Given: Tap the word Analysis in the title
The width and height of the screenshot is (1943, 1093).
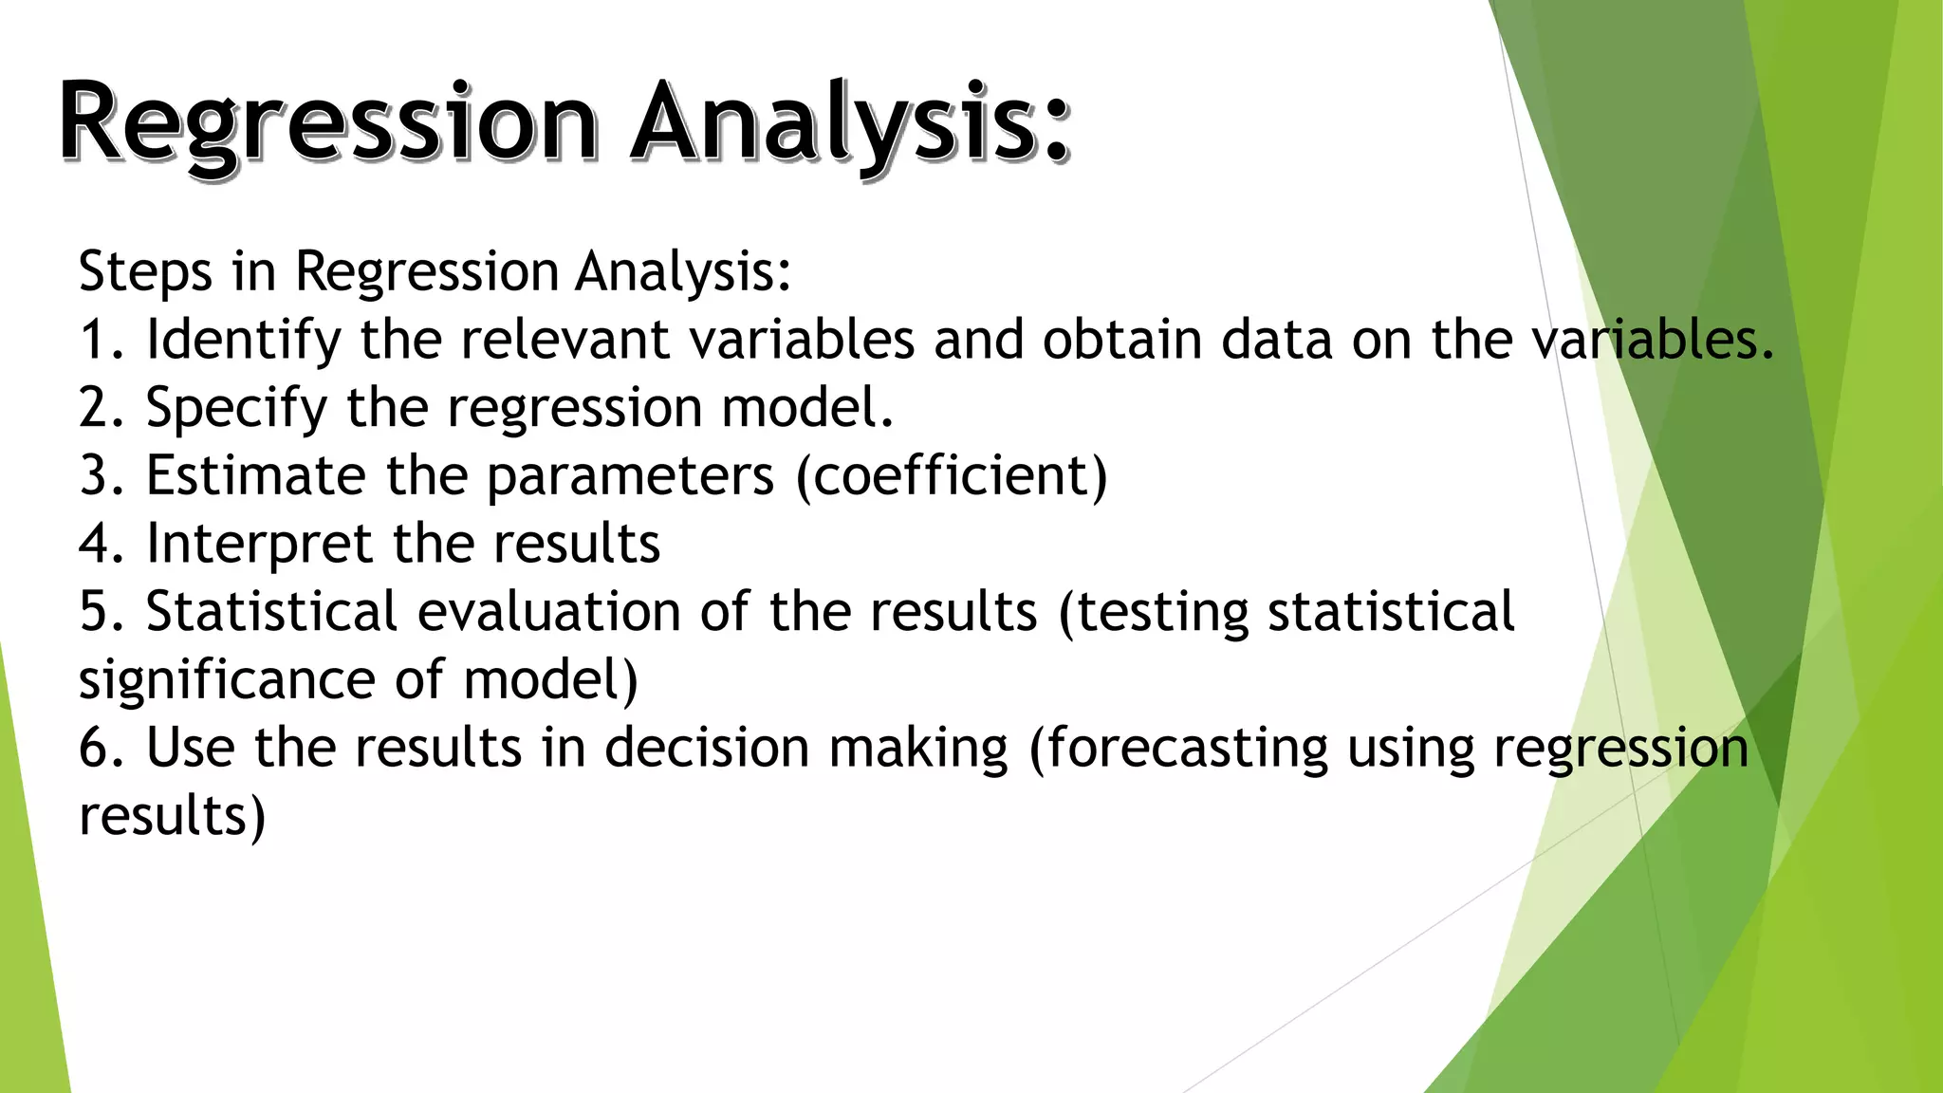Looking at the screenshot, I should click(x=850, y=123).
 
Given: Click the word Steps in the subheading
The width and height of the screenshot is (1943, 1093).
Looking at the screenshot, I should click(x=144, y=272).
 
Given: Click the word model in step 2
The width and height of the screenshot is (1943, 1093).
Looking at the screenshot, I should click(x=806, y=408).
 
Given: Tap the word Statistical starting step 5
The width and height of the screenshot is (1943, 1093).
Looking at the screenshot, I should click(x=270, y=611).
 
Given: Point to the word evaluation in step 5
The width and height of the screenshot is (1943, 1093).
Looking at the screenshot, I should click(x=549, y=611).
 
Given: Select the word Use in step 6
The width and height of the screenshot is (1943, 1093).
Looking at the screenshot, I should click(x=190, y=748).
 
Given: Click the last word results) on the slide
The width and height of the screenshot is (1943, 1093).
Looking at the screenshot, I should click(x=172, y=816).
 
